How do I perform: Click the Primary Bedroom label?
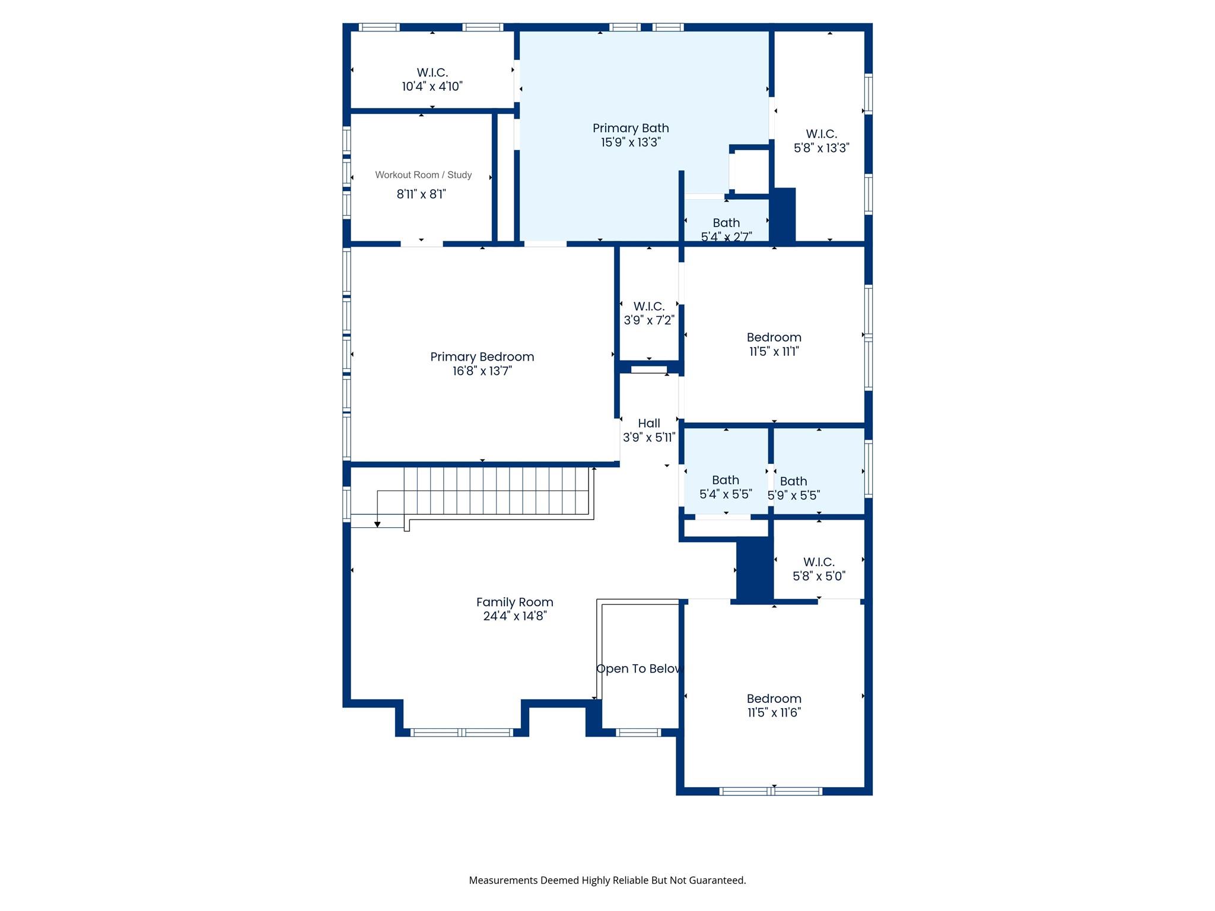[x=482, y=356]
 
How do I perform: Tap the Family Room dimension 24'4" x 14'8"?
[x=514, y=616]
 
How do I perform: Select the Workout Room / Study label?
[x=423, y=175]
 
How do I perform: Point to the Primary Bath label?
[x=631, y=128]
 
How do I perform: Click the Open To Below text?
[x=639, y=668]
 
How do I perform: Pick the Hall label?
[x=648, y=423]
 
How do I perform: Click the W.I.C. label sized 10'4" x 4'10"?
[x=432, y=72]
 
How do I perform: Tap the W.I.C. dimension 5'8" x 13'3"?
[x=821, y=148]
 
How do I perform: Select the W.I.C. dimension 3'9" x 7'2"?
[x=648, y=321]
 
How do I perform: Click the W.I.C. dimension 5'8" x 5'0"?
[x=819, y=576]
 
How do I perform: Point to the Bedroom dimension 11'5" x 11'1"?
[x=774, y=352]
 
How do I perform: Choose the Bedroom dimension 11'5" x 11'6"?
[x=774, y=713]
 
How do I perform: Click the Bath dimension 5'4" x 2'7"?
[x=726, y=237]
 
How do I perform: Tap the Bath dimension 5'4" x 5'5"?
[x=726, y=494]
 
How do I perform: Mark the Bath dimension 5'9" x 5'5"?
[x=794, y=495]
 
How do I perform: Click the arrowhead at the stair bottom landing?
[x=377, y=524]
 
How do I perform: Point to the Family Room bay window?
[x=462, y=732]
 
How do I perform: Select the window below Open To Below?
[x=638, y=732]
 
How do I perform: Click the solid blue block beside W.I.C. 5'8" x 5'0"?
[x=754, y=570]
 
